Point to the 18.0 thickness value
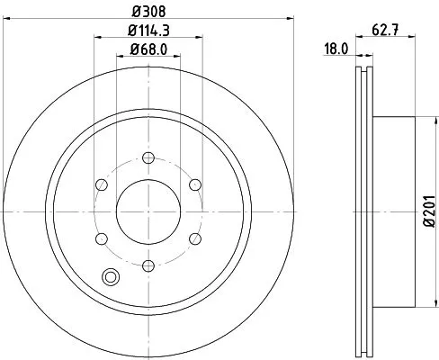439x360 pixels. pos(336,51)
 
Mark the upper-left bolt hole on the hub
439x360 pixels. pos(102,184)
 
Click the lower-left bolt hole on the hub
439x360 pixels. pos(102,238)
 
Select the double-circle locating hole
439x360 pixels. pos(112,276)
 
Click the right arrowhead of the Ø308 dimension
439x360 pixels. pos(291,17)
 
